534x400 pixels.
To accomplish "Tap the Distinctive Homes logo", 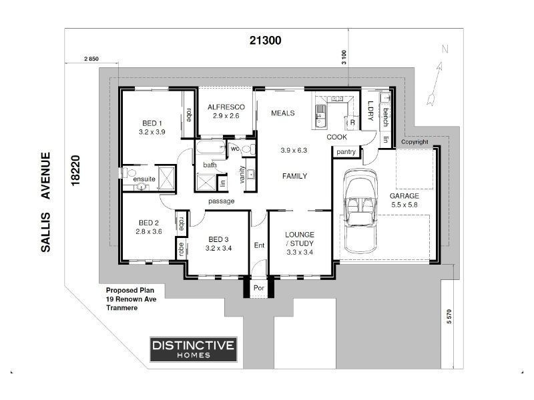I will coord(193,349).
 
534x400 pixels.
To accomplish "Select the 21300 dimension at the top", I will coord(265,41).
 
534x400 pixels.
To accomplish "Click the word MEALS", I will coord(282,113).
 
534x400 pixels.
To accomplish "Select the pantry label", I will coord(346,152).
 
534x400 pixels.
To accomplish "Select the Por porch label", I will coord(259,289).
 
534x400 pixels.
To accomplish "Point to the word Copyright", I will coord(415,142).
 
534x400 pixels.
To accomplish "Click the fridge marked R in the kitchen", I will coord(350,123).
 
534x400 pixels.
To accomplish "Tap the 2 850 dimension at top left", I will coord(91,59).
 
